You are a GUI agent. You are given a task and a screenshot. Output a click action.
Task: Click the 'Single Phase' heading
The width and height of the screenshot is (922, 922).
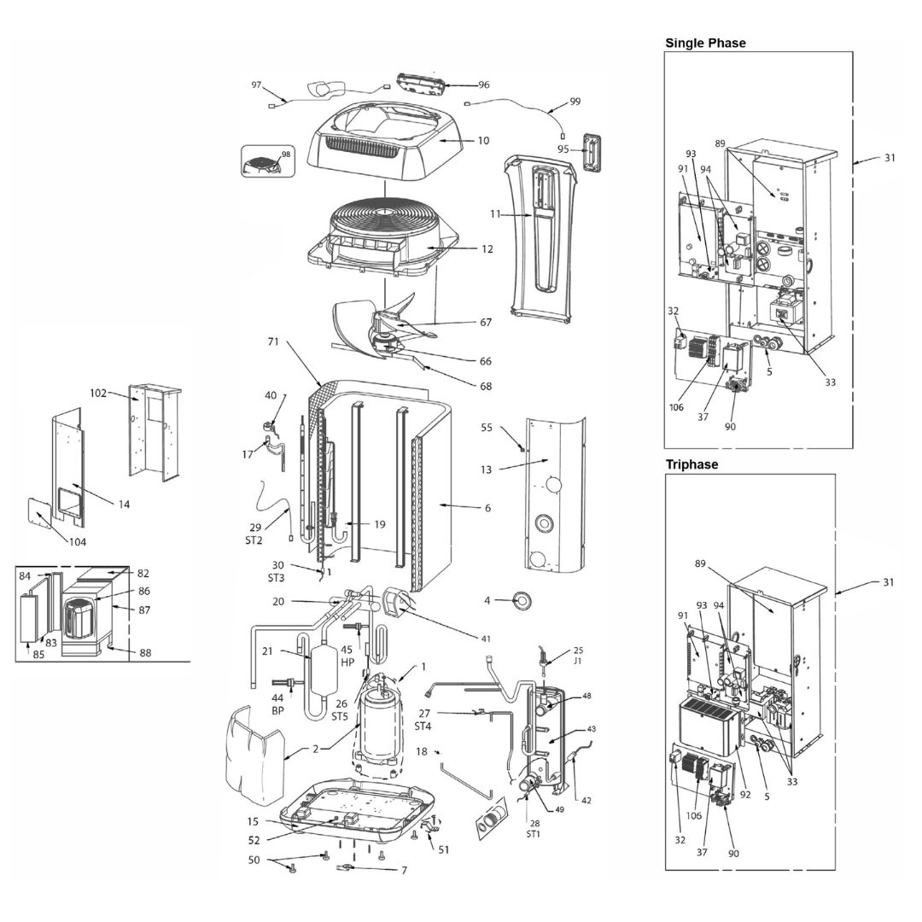click(705, 43)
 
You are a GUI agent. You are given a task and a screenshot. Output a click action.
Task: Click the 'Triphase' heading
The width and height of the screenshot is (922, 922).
click(691, 464)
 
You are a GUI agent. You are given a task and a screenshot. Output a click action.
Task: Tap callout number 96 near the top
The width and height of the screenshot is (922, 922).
click(483, 85)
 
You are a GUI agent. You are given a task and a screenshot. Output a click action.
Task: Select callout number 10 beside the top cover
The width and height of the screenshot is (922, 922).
click(482, 141)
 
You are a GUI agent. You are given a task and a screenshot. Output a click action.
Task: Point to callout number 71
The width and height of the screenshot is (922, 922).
click(273, 341)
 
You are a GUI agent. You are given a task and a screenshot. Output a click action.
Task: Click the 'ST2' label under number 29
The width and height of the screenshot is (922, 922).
click(254, 540)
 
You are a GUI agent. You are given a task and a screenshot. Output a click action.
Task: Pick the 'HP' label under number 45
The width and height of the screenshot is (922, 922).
click(347, 662)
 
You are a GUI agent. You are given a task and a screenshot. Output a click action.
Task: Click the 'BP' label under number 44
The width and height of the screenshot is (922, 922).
click(277, 710)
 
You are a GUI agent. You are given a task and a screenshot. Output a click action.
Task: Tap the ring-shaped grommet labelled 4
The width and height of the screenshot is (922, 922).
click(521, 600)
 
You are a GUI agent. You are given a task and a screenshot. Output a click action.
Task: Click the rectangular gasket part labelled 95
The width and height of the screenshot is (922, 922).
click(592, 151)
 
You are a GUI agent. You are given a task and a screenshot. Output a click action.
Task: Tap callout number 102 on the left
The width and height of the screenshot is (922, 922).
click(97, 393)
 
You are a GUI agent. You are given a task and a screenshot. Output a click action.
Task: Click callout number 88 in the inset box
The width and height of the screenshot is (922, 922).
click(144, 653)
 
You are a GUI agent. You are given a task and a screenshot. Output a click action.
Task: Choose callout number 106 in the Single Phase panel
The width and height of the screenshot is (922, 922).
click(676, 407)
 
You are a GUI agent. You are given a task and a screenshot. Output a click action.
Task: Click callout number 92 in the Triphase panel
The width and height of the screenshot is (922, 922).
click(745, 795)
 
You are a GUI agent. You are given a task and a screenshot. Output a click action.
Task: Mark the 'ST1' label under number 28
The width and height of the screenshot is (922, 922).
click(534, 834)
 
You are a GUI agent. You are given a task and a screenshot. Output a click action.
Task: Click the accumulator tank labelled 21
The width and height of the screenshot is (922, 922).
click(323, 670)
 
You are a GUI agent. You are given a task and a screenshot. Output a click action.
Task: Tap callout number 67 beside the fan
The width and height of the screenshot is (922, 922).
click(486, 322)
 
